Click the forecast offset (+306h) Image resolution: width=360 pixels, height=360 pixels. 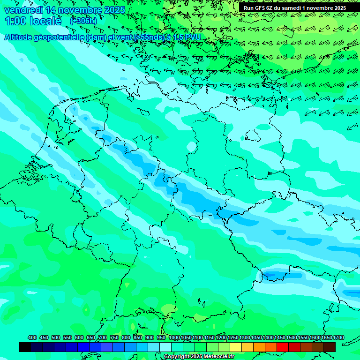(x=83, y=21)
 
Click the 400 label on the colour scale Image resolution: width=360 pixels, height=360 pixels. (x=32, y=338)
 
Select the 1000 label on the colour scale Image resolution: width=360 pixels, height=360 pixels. (x=174, y=338)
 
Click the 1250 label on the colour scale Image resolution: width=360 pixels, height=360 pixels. (x=233, y=338)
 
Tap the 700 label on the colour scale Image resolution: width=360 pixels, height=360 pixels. (x=103, y=338)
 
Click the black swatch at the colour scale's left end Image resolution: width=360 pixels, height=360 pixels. (x=25, y=347)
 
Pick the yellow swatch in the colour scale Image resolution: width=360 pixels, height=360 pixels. (x=236, y=347)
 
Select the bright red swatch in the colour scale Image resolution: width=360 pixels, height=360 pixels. (x=283, y=347)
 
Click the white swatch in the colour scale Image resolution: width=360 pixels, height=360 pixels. (x=165, y=347)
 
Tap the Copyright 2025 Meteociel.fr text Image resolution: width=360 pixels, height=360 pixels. (x=199, y=356)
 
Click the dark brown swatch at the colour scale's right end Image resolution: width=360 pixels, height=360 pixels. (x=330, y=347)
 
